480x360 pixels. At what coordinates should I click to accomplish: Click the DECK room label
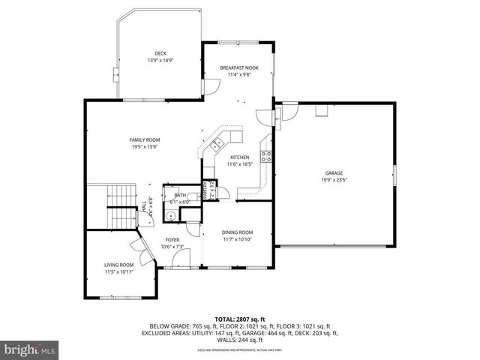160,53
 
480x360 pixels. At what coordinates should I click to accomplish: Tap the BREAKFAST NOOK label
238,67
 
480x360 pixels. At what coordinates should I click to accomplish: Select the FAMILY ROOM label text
145,139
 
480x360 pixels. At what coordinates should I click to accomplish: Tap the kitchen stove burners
265,156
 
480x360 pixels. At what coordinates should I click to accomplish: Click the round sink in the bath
170,216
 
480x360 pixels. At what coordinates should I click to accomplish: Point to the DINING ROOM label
237,232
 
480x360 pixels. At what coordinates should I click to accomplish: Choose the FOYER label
172,239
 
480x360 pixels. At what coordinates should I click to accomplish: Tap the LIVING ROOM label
118,265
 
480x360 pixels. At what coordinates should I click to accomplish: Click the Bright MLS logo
28,349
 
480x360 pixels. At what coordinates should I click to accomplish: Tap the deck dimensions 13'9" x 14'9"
160,60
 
